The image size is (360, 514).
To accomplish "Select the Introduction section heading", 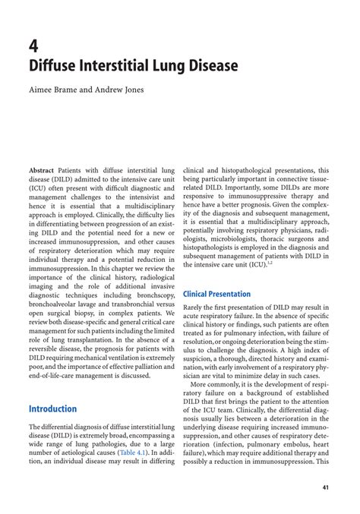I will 52,408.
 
